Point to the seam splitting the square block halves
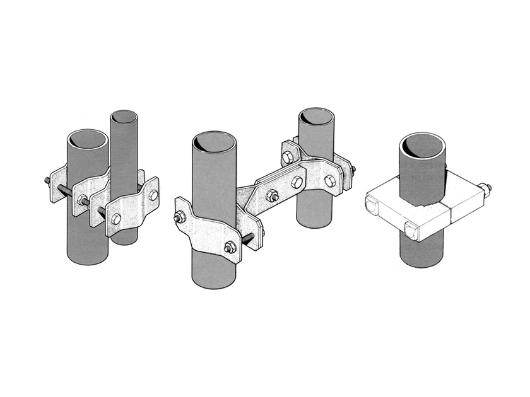pos(449,214)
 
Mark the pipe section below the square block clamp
pos(421,252)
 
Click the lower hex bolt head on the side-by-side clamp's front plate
pos(115,218)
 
